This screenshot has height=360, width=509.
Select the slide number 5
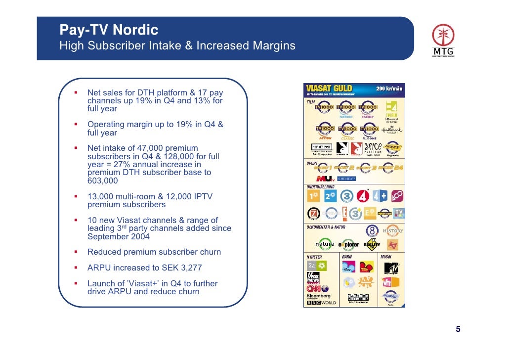pyautogui.click(x=458, y=330)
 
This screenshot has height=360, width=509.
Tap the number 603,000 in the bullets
pyautogui.click(x=103, y=180)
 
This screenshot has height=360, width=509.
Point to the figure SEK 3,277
pyautogui.click(x=181, y=268)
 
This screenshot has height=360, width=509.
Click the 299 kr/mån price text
pyautogui.click(x=389, y=89)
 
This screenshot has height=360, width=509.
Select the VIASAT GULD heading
pyautogui.click(x=329, y=89)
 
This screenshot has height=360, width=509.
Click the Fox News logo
pyautogui.click(x=313, y=278)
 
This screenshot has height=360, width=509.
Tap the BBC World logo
pyautogui.click(x=321, y=303)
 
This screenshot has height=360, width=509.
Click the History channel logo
pyautogui.click(x=393, y=231)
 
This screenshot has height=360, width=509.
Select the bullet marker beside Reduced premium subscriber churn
pyautogui.click(x=76, y=252)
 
